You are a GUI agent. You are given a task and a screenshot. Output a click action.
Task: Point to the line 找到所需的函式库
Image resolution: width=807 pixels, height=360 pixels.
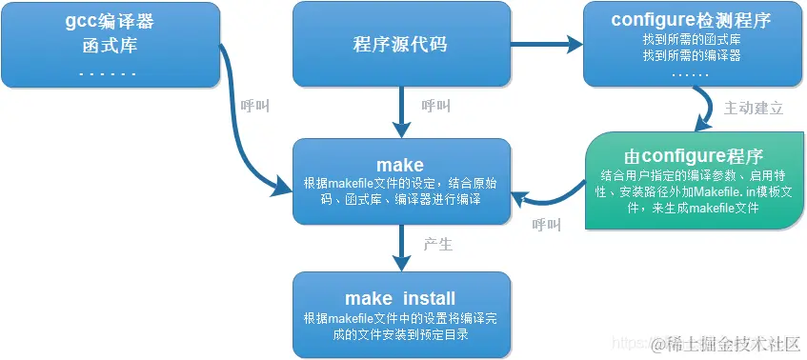[693, 40]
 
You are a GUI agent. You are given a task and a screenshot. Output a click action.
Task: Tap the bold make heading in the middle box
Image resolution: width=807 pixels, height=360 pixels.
[400, 165]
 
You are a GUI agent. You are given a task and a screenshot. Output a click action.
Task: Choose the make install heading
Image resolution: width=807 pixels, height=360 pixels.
[400, 298]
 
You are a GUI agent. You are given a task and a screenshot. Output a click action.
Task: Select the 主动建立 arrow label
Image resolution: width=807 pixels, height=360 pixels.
[754, 109]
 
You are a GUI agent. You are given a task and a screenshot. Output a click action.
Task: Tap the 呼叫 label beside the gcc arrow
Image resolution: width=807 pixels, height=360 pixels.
[255, 106]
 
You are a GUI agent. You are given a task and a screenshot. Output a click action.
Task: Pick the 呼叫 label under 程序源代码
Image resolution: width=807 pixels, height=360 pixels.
[435, 106]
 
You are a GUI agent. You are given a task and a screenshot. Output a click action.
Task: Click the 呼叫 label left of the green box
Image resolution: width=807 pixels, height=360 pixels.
[547, 225]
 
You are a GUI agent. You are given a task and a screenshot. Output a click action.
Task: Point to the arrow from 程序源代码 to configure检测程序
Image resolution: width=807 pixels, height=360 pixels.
[543, 44]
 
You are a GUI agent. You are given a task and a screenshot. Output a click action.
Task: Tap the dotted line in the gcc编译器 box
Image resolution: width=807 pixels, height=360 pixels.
[107, 71]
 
